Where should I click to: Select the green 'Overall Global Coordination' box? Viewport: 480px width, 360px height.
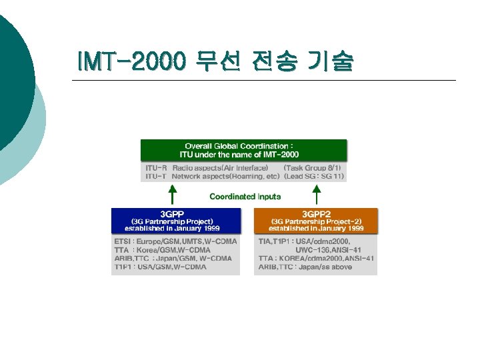(243, 150)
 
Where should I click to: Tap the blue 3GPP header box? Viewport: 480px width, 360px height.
(175, 221)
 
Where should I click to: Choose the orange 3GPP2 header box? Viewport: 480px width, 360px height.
(315, 221)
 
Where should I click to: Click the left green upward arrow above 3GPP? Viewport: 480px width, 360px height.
(172, 195)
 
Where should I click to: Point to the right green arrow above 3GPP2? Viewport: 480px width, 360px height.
(317, 195)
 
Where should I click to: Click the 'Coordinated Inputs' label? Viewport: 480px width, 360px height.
(245, 197)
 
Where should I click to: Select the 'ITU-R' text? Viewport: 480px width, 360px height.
(156, 168)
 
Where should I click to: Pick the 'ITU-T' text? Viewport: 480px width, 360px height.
(156, 177)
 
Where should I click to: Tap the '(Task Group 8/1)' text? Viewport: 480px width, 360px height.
(312, 168)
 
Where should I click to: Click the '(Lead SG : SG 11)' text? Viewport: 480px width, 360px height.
(313, 177)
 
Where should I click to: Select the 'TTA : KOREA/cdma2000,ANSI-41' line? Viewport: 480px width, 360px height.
(316, 258)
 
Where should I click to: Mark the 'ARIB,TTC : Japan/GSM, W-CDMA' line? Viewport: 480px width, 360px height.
(173, 258)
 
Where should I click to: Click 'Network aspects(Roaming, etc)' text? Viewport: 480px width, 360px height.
(225, 177)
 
